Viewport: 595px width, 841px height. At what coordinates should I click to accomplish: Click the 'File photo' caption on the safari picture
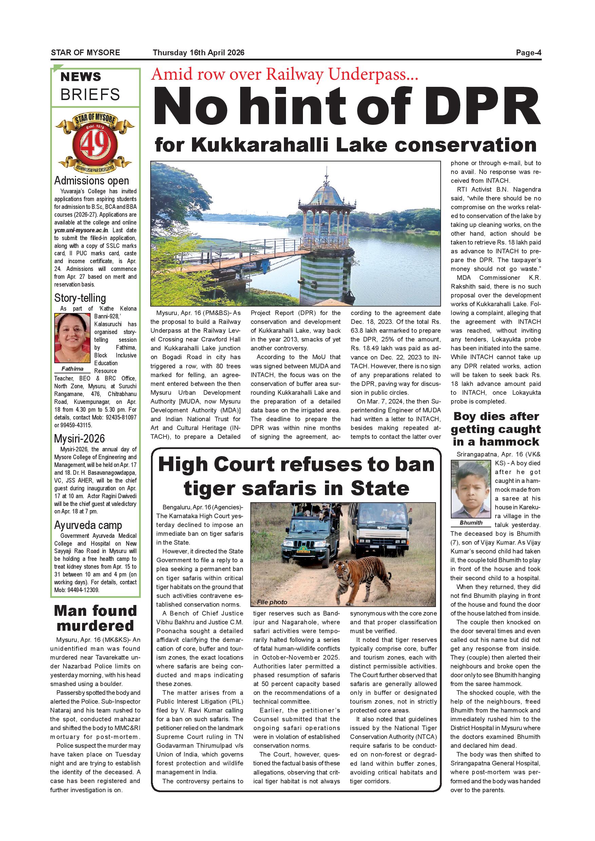[x=272, y=602]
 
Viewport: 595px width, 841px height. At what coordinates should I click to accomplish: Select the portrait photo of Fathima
[x=72, y=338]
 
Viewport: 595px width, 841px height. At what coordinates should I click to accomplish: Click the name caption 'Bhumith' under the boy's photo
[x=471, y=523]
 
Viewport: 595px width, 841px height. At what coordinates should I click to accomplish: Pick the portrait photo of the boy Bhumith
[x=471, y=489]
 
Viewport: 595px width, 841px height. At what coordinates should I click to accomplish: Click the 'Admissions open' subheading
[x=92, y=181]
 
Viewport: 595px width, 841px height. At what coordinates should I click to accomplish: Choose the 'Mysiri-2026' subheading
[x=79, y=438]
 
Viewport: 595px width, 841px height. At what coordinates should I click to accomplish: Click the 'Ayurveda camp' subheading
[x=88, y=525]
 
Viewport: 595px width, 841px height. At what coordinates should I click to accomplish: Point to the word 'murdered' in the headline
[x=95, y=626]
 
